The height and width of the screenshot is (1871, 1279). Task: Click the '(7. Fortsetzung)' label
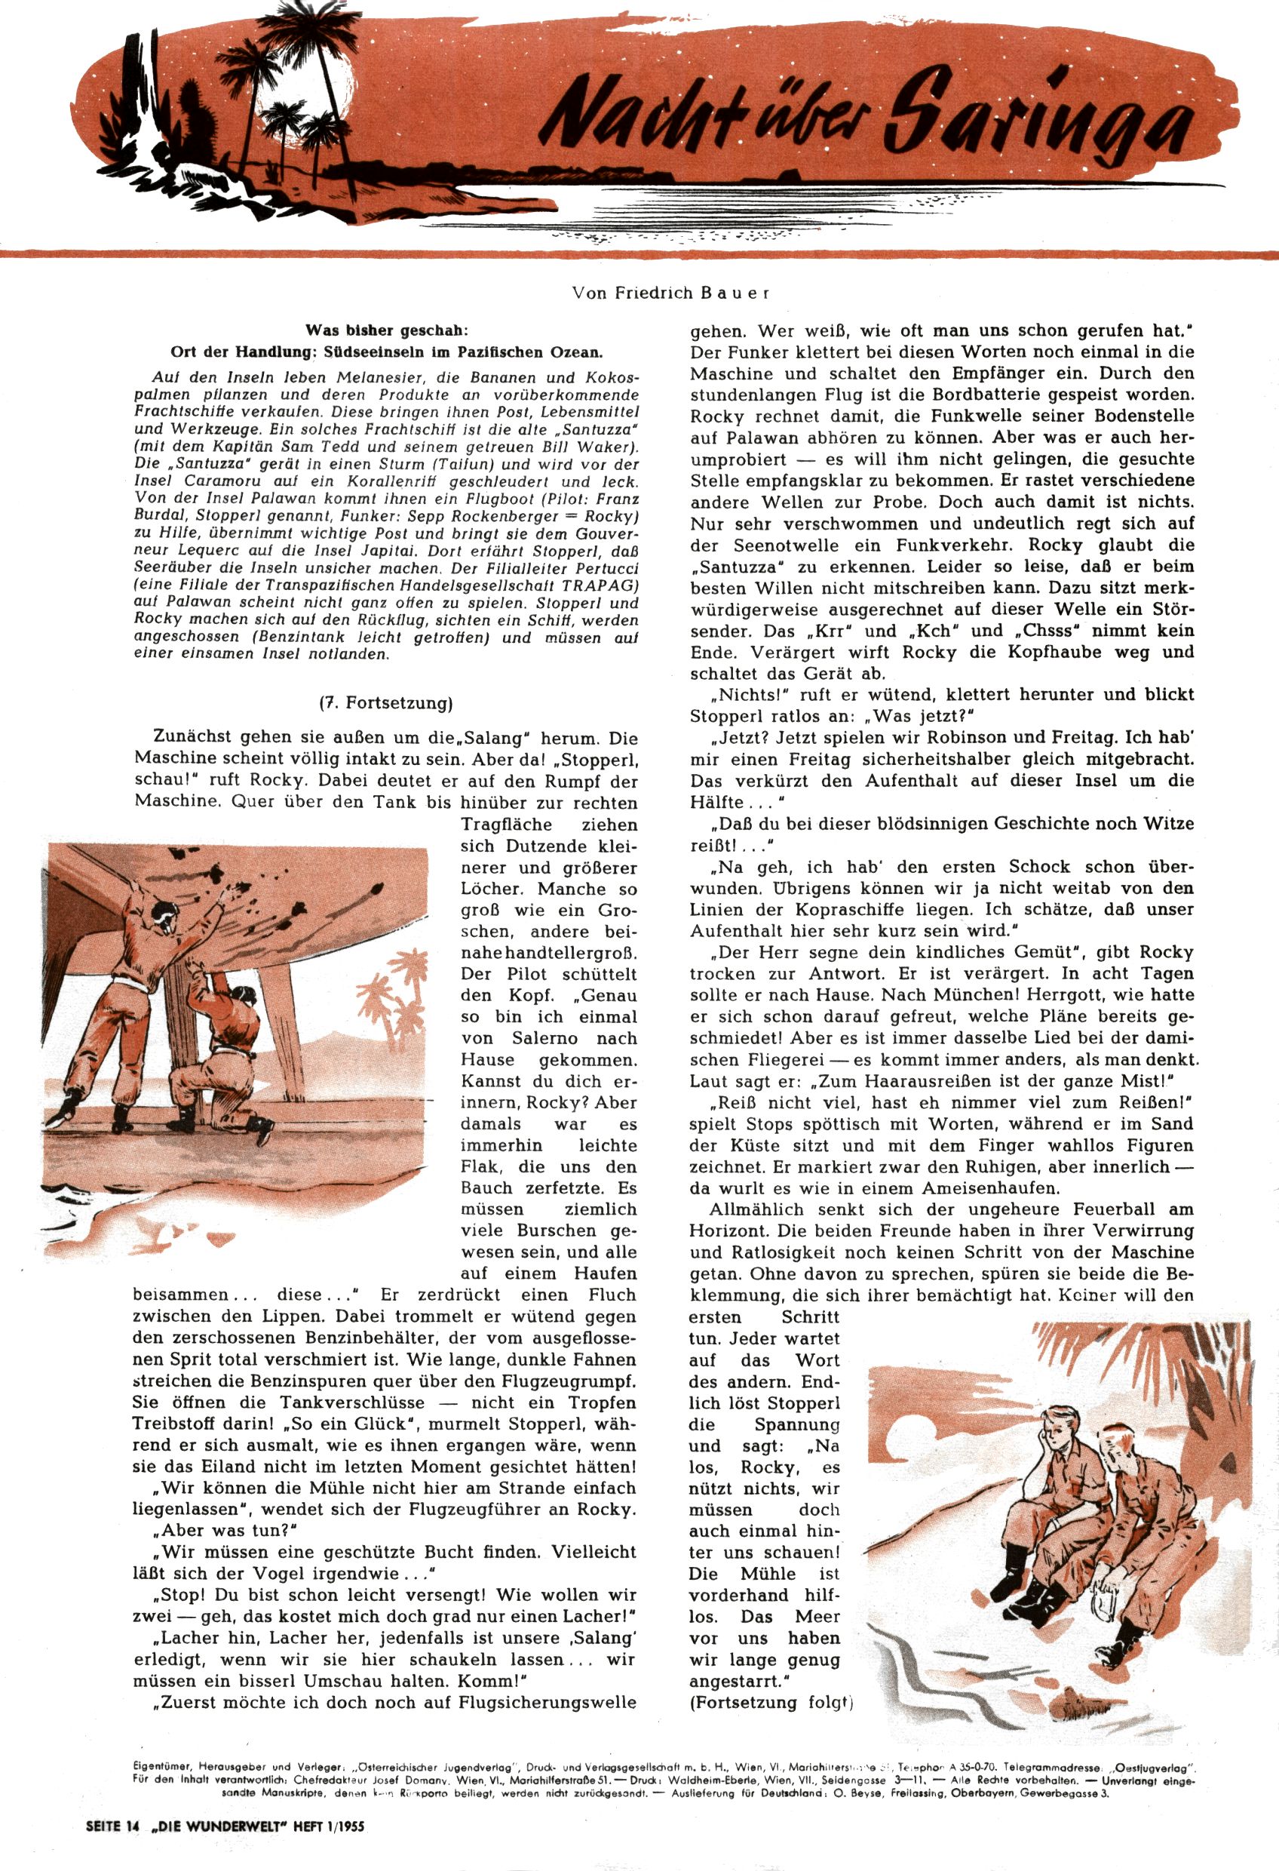click(385, 702)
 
